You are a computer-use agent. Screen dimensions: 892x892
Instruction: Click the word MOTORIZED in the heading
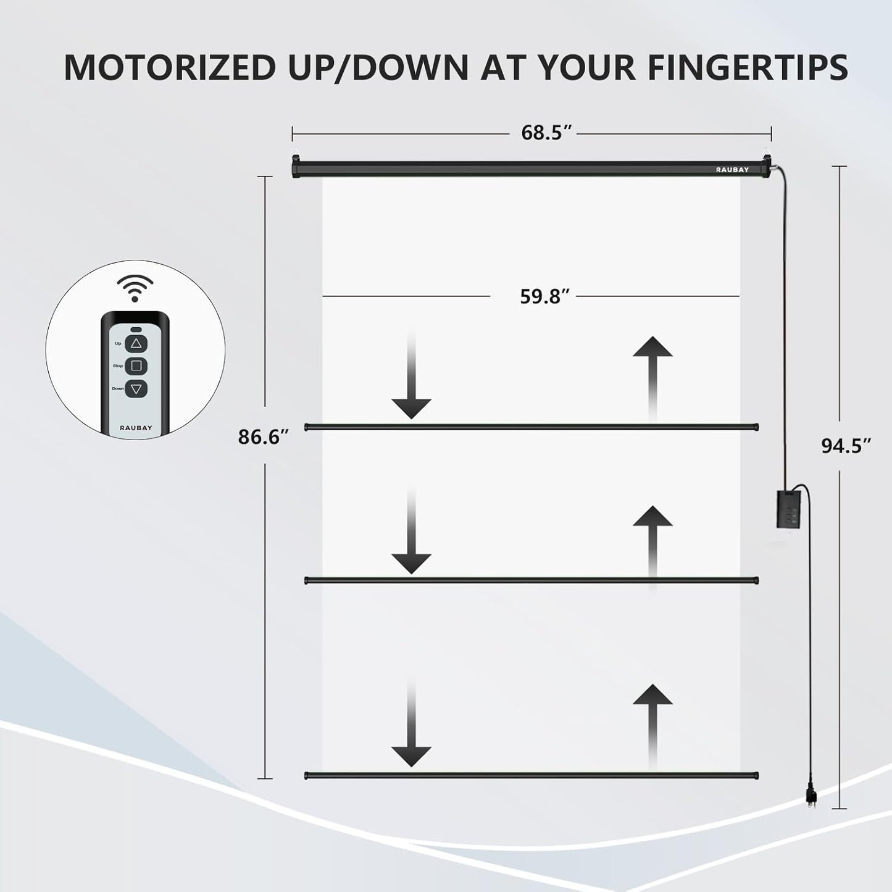point(170,67)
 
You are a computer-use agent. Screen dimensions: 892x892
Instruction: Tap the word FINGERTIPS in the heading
point(748,67)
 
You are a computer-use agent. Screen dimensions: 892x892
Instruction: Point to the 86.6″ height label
point(264,436)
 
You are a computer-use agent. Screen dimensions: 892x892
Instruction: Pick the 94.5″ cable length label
point(846,446)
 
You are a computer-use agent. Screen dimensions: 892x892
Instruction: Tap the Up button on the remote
point(136,343)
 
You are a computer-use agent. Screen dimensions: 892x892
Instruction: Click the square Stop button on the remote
point(136,365)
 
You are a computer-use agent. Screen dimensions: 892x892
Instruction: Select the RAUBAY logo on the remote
point(136,428)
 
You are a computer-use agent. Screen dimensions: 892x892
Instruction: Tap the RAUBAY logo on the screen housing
point(732,169)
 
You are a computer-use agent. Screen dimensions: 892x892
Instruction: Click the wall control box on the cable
point(788,511)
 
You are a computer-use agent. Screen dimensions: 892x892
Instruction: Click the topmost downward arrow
point(411,375)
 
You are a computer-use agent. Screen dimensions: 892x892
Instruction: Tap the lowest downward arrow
point(411,723)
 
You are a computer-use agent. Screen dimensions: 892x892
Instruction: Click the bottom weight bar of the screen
point(531,775)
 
